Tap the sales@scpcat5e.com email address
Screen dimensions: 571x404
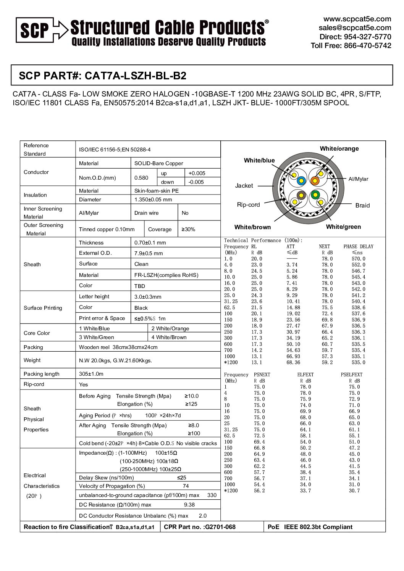(x=355, y=27)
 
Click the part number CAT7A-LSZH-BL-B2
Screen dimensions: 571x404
(x=135, y=76)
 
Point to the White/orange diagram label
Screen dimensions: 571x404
(x=339, y=148)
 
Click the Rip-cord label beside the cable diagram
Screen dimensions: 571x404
(x=248, y=204)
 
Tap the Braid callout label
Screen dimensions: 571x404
(x=362, y=205)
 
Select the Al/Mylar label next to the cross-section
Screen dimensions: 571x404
(x=358, y=179)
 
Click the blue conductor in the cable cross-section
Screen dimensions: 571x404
(x=301, y=181)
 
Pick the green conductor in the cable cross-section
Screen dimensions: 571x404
(x=315, y=195)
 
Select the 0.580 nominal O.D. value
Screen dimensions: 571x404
(x=141, y=178)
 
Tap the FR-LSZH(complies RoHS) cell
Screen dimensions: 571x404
(x=166, y=275)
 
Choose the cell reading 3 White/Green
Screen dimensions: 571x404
(x=96, y=337)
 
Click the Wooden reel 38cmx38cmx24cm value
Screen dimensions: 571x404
(x=118, y=347)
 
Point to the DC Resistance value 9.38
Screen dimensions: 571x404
(x=189, y=505)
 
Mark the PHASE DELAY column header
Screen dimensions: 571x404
(x=358, y=246)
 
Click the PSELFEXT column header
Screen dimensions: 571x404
(x=351, y=375)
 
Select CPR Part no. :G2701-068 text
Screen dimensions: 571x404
(x=200, y=527)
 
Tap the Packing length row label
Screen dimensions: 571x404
(x=41, y=374)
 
